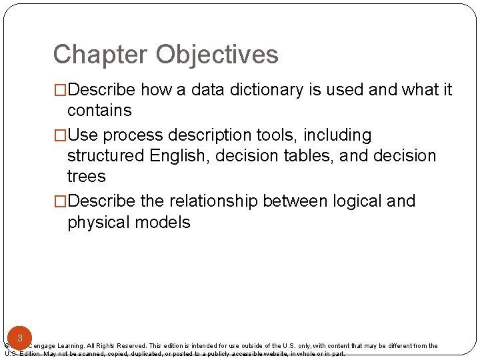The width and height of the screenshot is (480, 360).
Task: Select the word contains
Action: click(99, 110)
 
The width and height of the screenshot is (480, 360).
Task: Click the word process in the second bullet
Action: click(133, 135)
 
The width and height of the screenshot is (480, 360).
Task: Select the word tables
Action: click(311, 156)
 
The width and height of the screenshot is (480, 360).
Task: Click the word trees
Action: click(87, 177)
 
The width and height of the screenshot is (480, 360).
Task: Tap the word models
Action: click(165, 222)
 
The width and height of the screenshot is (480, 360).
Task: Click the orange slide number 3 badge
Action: click(20, 338)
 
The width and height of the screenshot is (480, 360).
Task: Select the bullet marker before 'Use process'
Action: click(60, 135)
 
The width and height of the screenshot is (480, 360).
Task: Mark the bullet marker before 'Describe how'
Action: click(60, 89)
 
